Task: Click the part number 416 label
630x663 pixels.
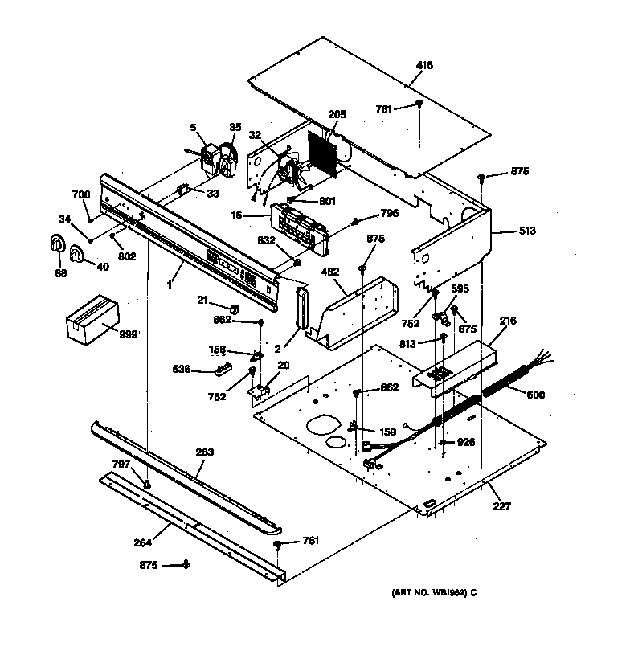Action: [x=424, y=65]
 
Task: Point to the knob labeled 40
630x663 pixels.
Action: [x=77, y=255]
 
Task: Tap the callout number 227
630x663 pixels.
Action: [x=501, y=506]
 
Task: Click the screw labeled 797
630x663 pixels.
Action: [x=147, y=484]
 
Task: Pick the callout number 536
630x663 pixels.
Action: [x=182, y=369]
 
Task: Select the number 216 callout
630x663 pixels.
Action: [x=507, y=321]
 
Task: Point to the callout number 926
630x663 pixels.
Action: [x=466, y=442]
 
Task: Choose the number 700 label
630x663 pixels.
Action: [x=81, y=195]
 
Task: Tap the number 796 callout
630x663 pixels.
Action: [x=389, y=213]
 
